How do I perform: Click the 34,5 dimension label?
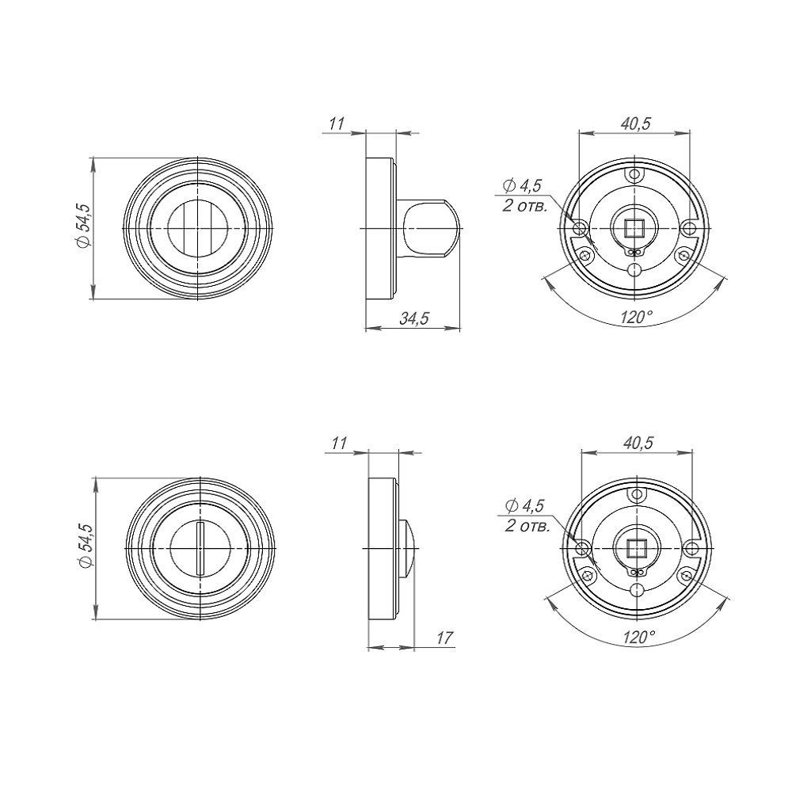[x=413, y=319]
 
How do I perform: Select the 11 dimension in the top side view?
[x=336, y=124]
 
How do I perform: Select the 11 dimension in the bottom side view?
[x=339, y=444]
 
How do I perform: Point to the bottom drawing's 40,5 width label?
[x=638, y=444]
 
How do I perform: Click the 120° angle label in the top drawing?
[x=636, y=317]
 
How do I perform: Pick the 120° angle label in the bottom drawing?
[x=639, y=637]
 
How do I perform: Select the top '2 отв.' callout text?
[x=524, y=206]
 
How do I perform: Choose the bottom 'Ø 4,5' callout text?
[x=525, y=506]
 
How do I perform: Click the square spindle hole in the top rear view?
[x=634, y=228]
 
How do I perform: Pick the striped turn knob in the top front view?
[x=198, y=228]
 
